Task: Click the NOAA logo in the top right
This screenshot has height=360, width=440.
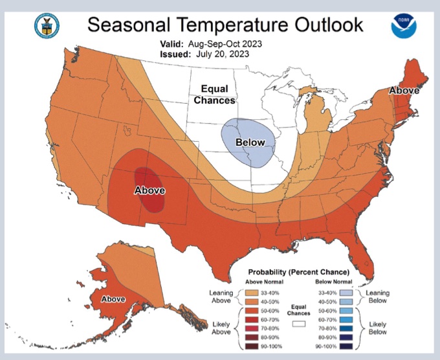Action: pos(403,26)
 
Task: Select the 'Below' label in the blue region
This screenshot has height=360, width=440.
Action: pos(250,142)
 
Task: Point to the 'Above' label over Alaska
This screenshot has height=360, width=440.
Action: pos(113,299)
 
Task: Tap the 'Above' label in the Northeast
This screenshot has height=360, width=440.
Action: pos(404,91)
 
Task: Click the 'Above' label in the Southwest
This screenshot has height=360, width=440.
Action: pos(149,190)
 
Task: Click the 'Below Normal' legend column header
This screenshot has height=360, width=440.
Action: pos(334,282)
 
